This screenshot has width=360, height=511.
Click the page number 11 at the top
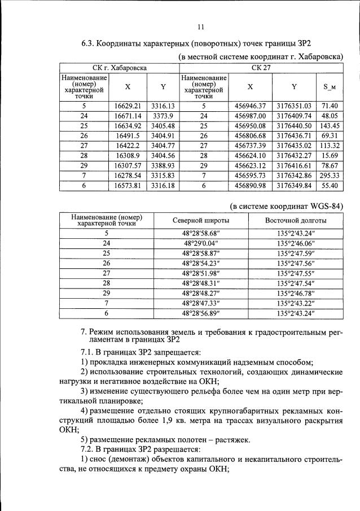tap(200, 27)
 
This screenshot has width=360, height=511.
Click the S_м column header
tap(330, 87)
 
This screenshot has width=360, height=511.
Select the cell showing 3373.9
tap(163, 115)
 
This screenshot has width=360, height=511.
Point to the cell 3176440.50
tap(295, 125)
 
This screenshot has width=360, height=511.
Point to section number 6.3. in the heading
tap(91, 43)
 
